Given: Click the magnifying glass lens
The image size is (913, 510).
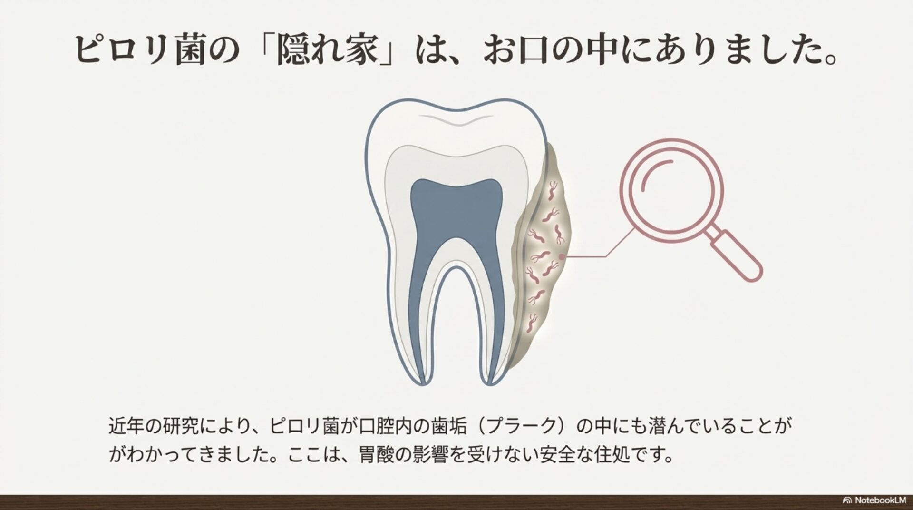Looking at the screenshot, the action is click(671, 190).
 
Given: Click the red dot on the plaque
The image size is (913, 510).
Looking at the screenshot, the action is click(562, 256).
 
